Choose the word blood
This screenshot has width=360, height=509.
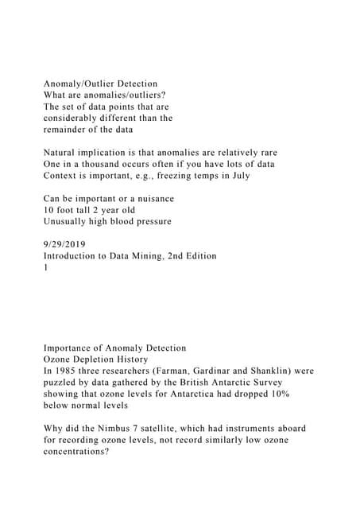coord(131,220)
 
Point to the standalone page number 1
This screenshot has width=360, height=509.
coord(46,266)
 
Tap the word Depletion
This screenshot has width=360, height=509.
coord(98,359)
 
